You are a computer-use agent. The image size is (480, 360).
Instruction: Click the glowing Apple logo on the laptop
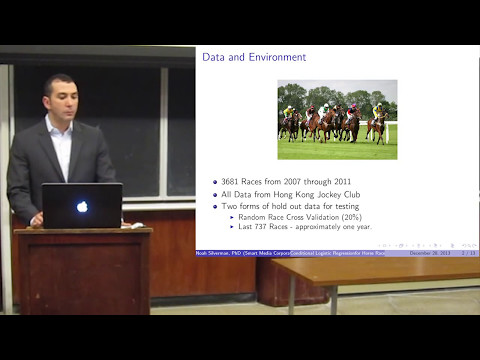tap(82, 206)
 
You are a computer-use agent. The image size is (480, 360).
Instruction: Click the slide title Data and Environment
tap(254, 57)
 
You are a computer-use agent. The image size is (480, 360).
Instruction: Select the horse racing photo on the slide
tap(337, 119)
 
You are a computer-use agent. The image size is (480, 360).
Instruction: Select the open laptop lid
tap(82, 205)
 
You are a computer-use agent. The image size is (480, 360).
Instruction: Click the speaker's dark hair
tap(59, 80)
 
